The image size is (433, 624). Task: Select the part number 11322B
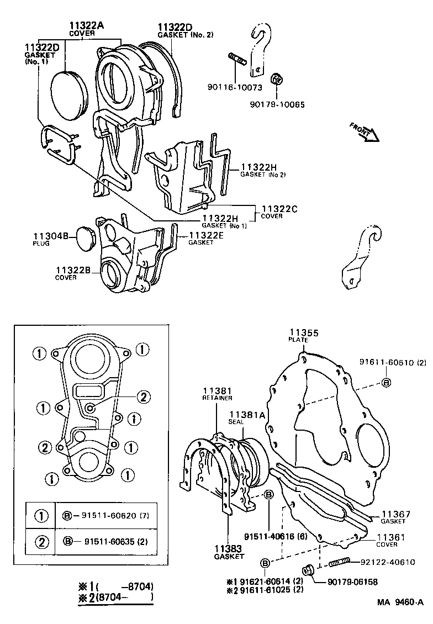coord(73,270)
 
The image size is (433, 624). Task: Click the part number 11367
coord(395,514)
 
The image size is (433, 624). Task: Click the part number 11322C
coord(279,209)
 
